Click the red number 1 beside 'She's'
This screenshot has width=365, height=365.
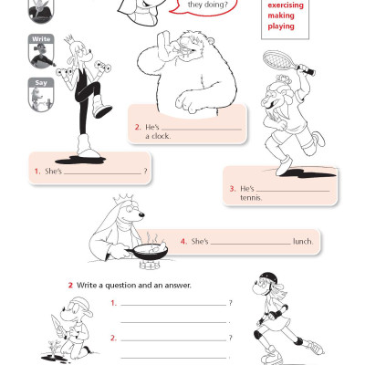click(x=36, y=172)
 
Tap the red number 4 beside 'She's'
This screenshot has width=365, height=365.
click(x=182, y=242)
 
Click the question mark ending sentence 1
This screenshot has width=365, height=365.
click(x=145, y=172)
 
